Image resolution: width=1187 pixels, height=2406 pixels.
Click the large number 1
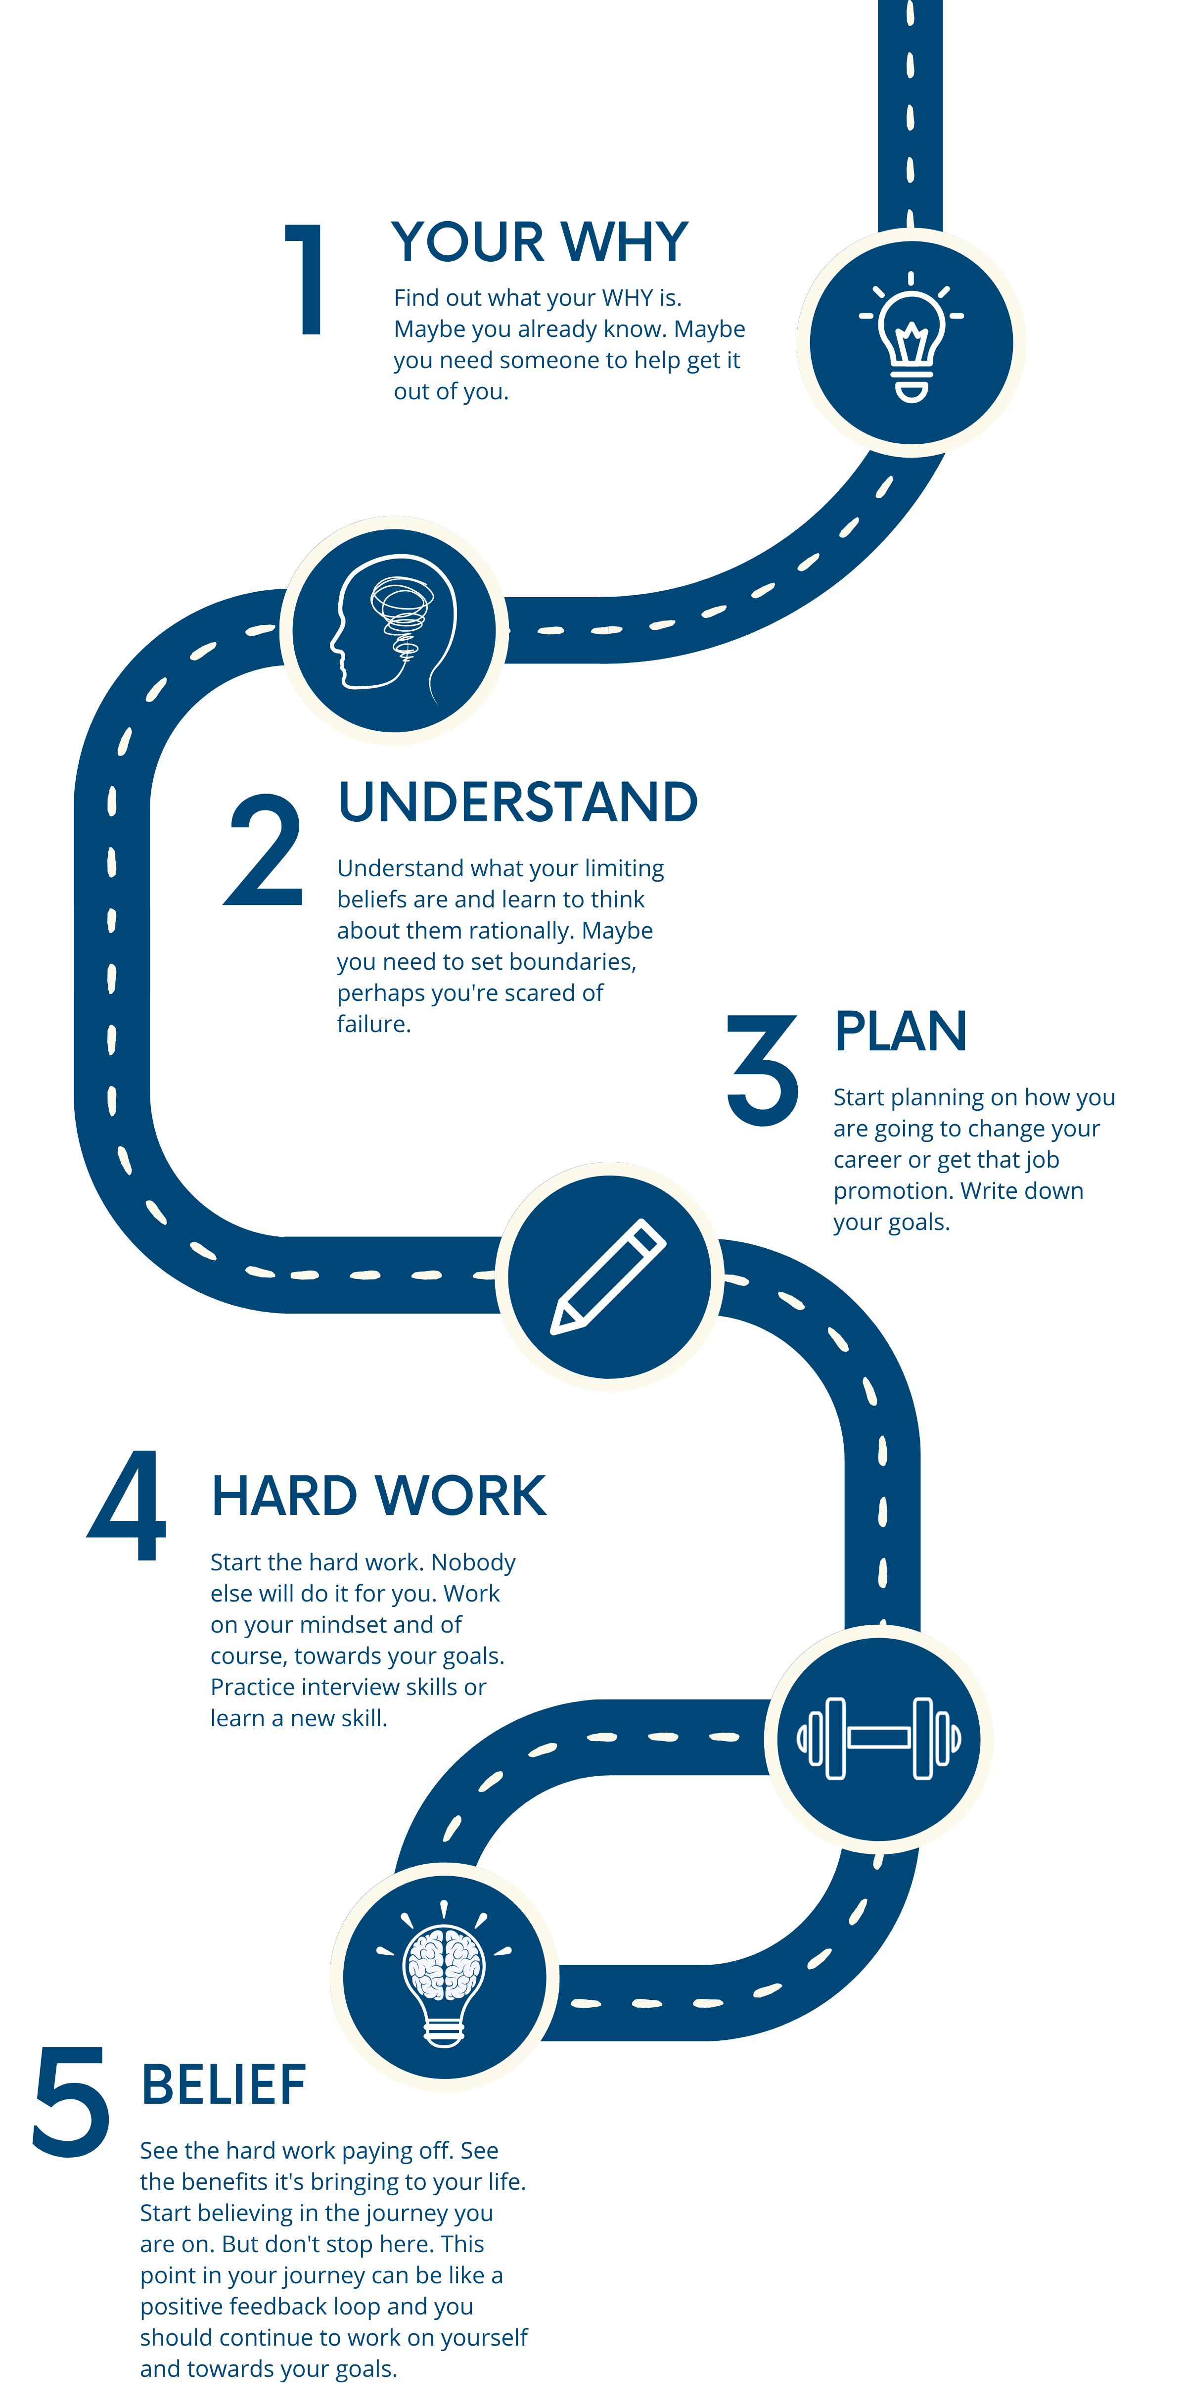click(305, 279)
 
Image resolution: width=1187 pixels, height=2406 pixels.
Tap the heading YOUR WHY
click(540, 243)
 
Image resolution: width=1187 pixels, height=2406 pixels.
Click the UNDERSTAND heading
click(517, 802)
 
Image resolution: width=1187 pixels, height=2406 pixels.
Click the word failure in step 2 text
click(373, 1025)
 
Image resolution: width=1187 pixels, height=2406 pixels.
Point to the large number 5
click(71, 2102)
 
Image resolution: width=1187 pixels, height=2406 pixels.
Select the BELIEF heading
click(223, 2085)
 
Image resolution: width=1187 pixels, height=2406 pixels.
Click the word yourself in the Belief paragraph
click(484, 2338)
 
